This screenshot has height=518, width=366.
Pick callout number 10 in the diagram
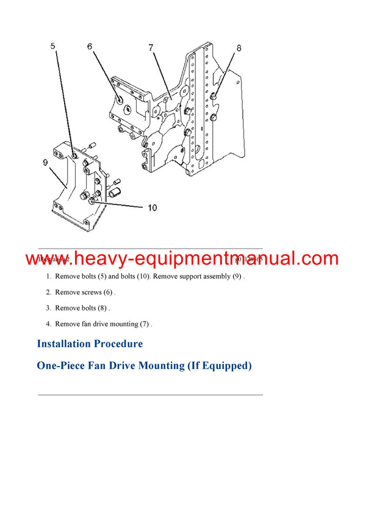(152, 208)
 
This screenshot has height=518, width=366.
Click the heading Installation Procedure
(90, 344)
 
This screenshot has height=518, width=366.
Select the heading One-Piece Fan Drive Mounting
(144, 366)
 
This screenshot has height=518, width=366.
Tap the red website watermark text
(182, 259)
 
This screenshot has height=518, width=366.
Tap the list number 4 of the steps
(48, 324)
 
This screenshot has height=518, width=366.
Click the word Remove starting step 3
(66, 308)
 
